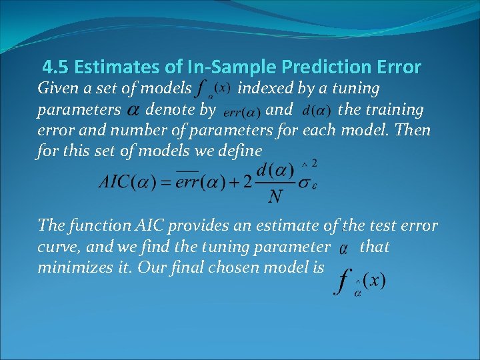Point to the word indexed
tap(267, 88)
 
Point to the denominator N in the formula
tap(273, 196)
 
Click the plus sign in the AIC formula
tap(230, 182)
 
